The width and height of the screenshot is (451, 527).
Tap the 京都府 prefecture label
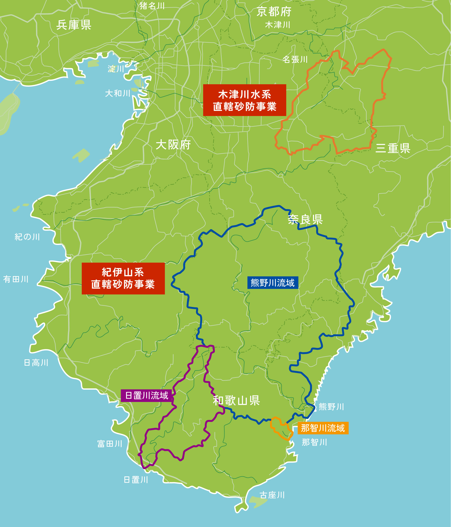[274, 12]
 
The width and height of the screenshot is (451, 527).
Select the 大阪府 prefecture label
[173, 145]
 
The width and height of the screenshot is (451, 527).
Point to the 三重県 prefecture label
[393, 148]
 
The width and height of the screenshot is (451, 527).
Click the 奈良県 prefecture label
[305, 219]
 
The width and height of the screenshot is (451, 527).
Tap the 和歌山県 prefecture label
[236, 401]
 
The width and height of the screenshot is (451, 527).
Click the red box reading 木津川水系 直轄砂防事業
[244, 100]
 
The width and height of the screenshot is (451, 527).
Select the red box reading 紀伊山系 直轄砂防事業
[123, 279]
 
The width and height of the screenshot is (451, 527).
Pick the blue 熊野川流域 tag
[273, 283]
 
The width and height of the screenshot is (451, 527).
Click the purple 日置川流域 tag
[147, 395]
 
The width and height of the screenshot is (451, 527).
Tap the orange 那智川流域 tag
[323, 428]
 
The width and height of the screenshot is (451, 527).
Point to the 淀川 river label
[116, 69]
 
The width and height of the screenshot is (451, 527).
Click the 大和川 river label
[117, 93]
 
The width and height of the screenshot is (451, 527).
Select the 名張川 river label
[295, 59]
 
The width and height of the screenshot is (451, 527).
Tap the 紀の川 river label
[27, 237]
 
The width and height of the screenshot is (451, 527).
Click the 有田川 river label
[16, 279]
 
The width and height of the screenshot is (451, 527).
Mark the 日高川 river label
[36, 363]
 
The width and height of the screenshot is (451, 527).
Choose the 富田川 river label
[110, 444]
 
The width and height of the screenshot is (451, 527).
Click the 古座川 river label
[272, 495]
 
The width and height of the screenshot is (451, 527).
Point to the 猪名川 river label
[152, 6]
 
